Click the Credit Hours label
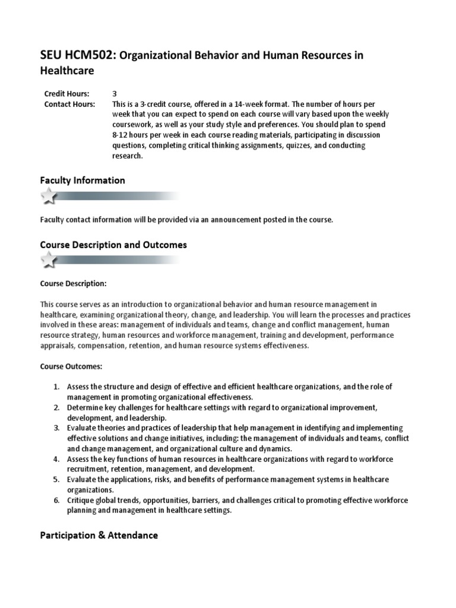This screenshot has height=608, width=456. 67,94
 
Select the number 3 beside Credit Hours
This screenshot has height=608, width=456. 115,94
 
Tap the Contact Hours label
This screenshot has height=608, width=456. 69,104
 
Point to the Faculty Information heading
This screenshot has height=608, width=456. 83,180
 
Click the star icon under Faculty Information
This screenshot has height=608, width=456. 49,195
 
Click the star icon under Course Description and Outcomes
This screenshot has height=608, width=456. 49,259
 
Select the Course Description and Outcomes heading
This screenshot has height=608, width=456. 113,245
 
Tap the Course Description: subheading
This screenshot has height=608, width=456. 73,283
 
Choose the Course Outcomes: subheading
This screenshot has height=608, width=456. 71,366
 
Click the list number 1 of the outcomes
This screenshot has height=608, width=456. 56,387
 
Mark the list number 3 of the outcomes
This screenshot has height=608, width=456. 56,427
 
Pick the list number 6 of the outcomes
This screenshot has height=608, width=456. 56,501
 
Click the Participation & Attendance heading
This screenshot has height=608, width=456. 99,535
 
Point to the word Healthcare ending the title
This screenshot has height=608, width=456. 67,71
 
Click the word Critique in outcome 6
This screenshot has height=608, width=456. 80,501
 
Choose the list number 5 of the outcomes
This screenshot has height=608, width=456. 56,479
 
